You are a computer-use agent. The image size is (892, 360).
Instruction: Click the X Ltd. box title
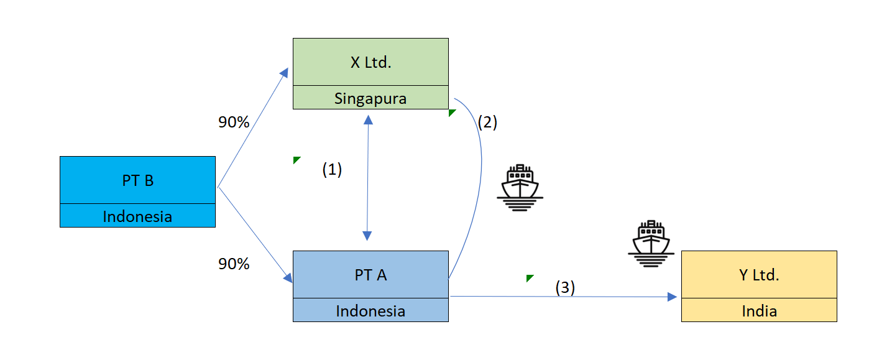pos(370,62)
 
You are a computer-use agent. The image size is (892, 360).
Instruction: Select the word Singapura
pos(370,98)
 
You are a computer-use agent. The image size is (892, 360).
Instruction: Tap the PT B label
pos(137,180)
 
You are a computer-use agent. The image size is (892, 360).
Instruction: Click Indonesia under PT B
pos(137,216)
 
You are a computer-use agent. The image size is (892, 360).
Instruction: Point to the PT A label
pos(370,275)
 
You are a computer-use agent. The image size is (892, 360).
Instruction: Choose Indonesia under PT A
pos(370,311)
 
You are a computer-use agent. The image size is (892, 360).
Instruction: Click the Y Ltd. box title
pos(759,275)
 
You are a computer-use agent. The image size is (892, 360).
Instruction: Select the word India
pos(759,311)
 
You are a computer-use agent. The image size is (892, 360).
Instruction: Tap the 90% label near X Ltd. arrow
pos(234,122)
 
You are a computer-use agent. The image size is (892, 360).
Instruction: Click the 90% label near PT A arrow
pos(234,264)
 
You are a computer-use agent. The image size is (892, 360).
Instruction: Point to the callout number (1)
pos(332,170)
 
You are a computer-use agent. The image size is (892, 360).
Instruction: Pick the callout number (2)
pos(487,122)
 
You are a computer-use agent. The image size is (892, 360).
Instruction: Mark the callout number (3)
pos(565,288)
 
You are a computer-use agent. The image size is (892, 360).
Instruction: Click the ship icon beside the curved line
pos(520,188)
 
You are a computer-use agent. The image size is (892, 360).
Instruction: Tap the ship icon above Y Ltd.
pos(651,244)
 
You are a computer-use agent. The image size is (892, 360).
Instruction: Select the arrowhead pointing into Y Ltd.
pos(673,297)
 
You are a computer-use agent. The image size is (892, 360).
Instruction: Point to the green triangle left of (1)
pos(296,160)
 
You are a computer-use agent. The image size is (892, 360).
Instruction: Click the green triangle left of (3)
pos(529,277)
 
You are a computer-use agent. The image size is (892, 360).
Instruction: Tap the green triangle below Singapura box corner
pos(451,112)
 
